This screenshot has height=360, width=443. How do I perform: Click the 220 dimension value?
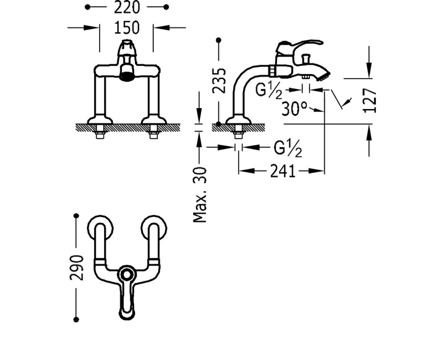tap(127, 8)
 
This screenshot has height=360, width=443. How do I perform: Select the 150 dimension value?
tap(127, 28)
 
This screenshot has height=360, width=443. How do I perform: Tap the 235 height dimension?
tap(219, 80)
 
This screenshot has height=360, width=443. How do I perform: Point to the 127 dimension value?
tap(370, 100)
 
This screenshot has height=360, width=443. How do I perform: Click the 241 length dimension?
tap(283, 171)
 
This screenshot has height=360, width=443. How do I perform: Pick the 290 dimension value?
tap(77, 268)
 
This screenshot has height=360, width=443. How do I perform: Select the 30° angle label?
tap(295, 109)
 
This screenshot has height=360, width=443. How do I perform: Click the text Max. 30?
tap(200, 195)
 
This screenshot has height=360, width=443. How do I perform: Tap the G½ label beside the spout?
tap(269, 91)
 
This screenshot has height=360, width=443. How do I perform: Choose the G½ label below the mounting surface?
tap(288, 148)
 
